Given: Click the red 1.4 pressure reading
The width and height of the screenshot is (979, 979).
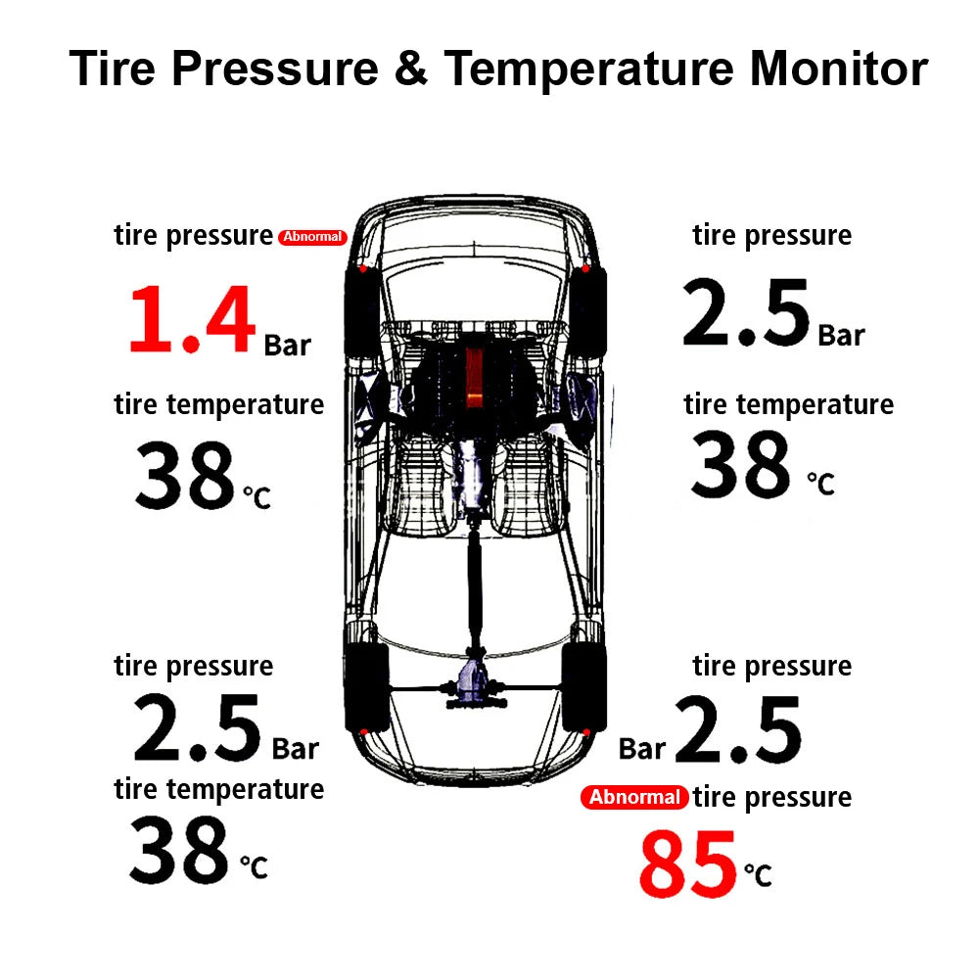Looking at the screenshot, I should (192, 319).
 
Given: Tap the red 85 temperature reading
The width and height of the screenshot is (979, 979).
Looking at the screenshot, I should (687, 864).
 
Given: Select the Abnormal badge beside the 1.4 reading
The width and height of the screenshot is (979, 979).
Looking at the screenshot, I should (312, 237).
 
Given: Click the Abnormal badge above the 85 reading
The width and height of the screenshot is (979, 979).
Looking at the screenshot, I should (634, 797).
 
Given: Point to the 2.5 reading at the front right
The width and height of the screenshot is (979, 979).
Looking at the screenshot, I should (746, 313).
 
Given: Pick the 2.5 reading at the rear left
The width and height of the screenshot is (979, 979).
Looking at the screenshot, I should (197, 729).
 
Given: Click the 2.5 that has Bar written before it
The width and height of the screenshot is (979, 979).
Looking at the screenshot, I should (737, 729).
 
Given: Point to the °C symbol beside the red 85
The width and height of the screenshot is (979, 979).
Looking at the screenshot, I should (757, 873).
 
